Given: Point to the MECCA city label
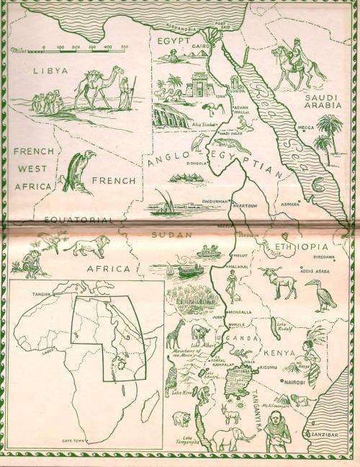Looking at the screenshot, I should pyautogui.click(x=306, y=128).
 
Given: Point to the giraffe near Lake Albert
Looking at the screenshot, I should pyautogui.click(x=175, y=334).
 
